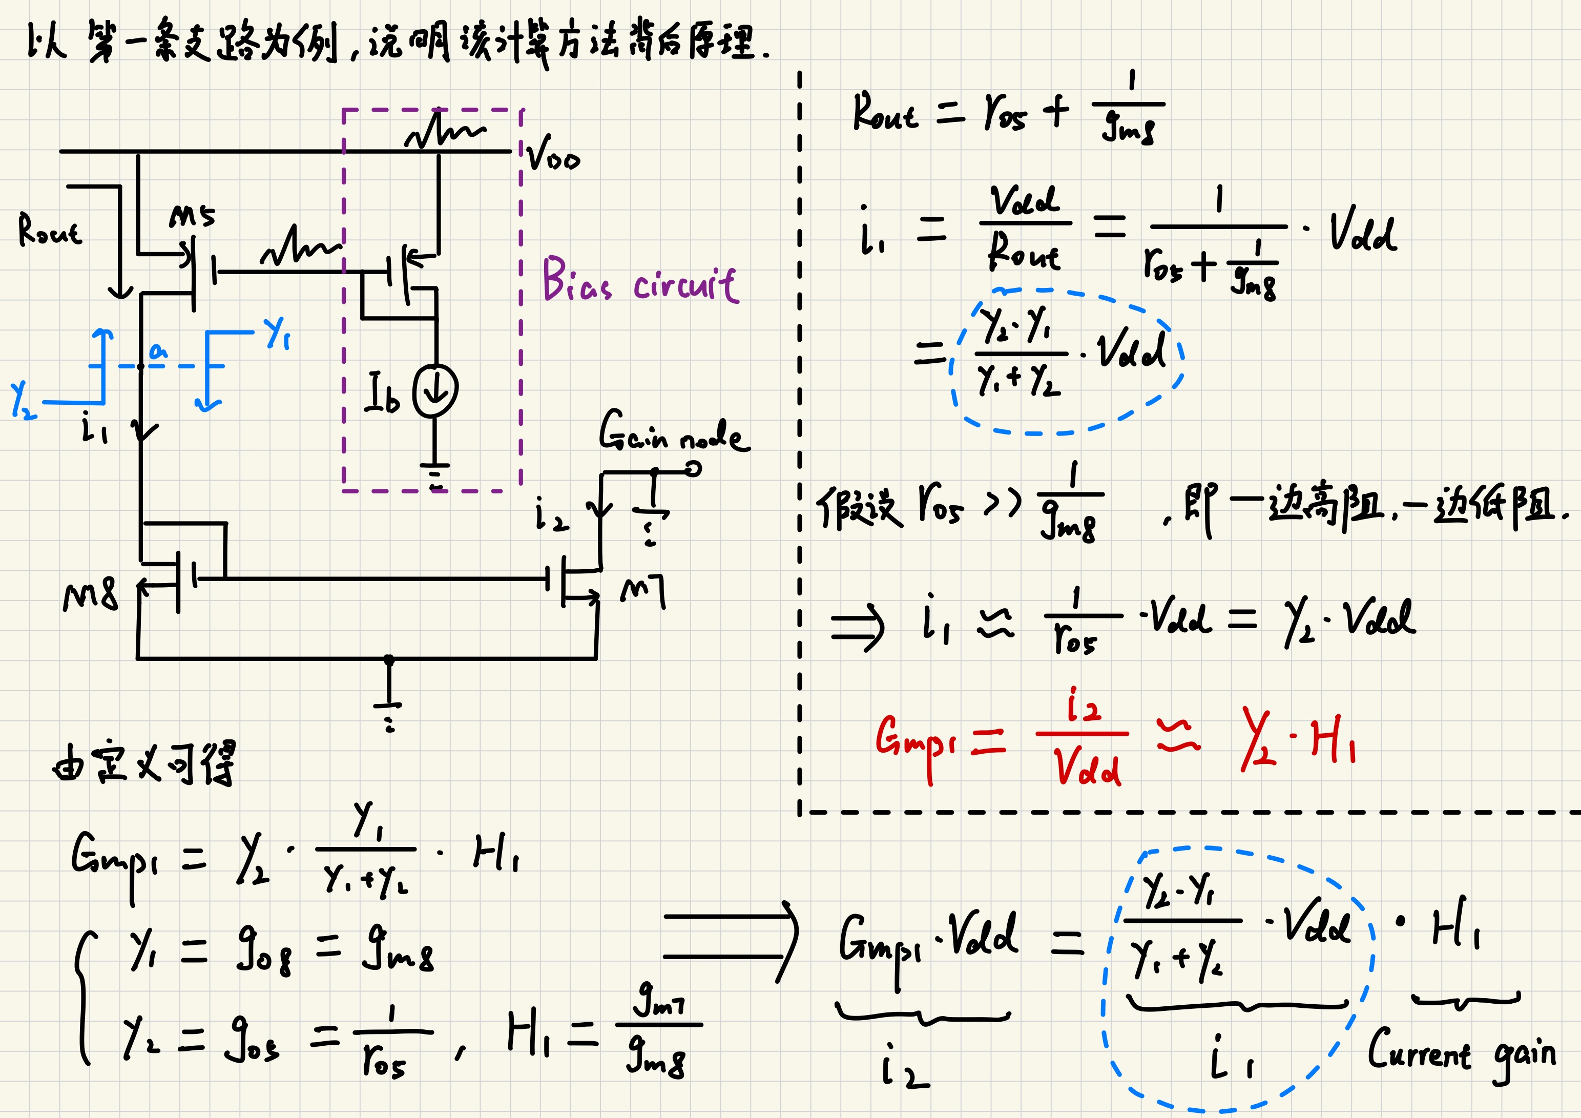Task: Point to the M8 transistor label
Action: tap(90, 596)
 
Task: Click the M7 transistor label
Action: tap(643, 592)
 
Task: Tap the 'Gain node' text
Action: tap(674, 431)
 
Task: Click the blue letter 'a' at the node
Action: tap(158, 351)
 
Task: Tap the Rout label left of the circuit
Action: tap(50, 231)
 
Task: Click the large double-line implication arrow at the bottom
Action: tap(730, 937)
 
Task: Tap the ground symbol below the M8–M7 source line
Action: tap(389, 710)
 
